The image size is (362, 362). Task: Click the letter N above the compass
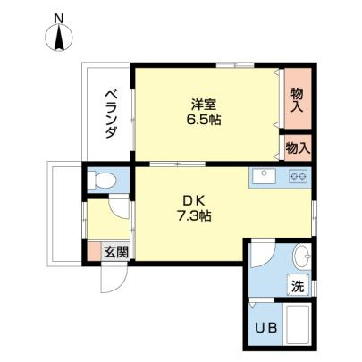pyautogui.click(x=59, y=18)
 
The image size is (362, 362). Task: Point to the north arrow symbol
pyautogui.click(x=59, y=39)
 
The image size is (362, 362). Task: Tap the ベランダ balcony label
pyautogui.click(x=111, y=114)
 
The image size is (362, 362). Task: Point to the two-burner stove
pyautogui.click(x=299, y=178)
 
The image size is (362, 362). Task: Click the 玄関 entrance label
pyautogui.click(x=114, y=252)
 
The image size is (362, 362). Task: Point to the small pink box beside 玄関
pyautogui.click(x=94, y=251)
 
